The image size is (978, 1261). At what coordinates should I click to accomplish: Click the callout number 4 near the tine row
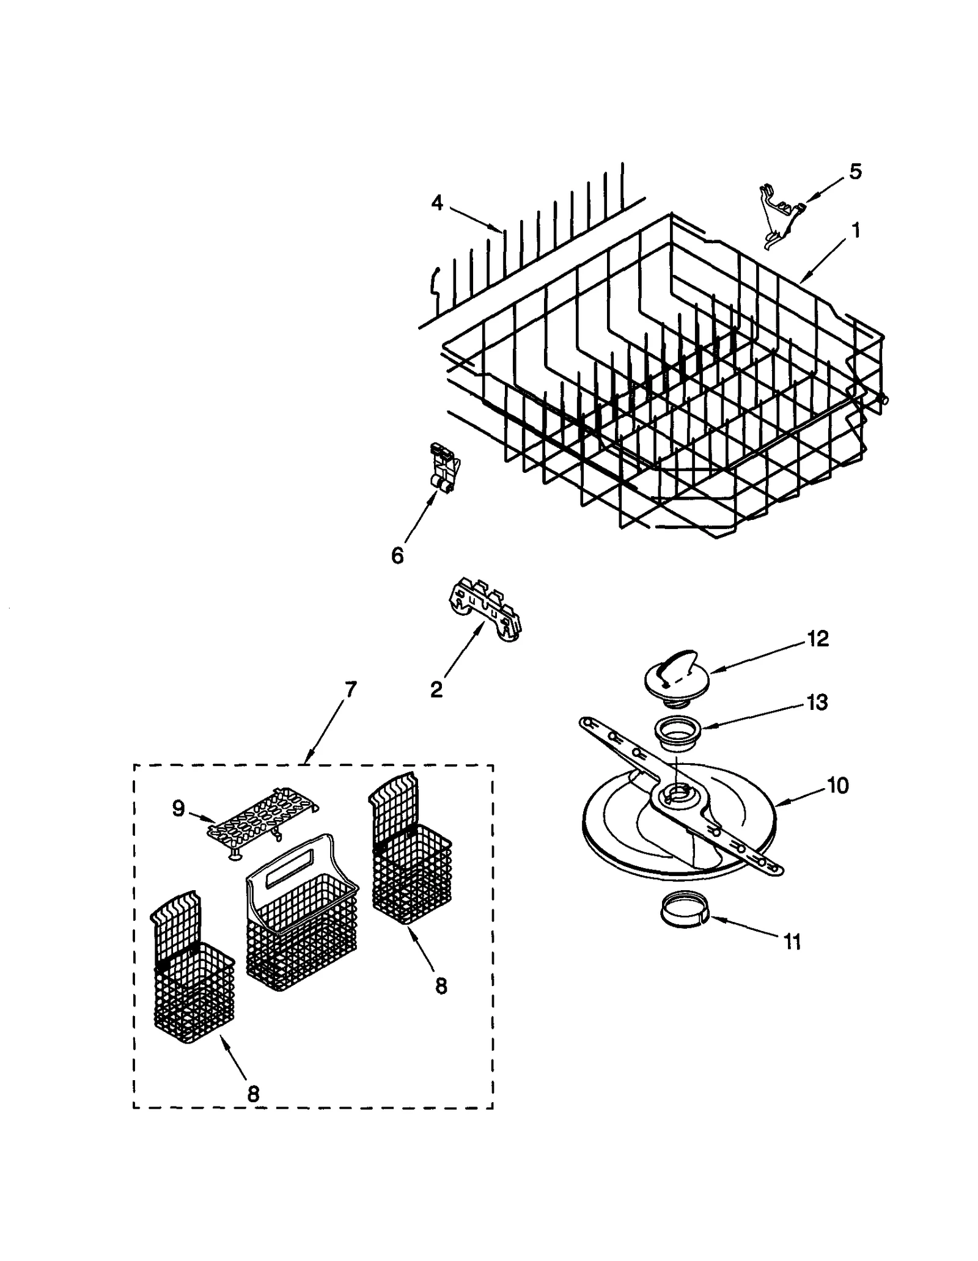(x=436, y=203)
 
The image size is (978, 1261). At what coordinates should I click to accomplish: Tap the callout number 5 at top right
(x=855, y=172)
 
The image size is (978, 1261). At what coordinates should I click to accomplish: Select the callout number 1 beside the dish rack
(x=856, y=231)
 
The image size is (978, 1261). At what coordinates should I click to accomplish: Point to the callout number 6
(x=397, y=556)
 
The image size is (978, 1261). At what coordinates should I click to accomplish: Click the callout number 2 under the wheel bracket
(x=436, y=690)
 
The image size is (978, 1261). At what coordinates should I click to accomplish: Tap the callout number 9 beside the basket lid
(x=178, y=809)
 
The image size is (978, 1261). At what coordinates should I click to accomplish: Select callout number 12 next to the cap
(x=817, y=638)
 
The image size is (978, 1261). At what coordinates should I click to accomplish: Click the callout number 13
(x=817, y=702)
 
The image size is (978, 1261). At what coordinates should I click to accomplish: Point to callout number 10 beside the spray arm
(x=838, y=785)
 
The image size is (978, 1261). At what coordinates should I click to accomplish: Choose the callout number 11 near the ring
(x=792, y=942)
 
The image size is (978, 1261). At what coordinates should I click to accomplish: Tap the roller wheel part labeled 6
(x=444, y=470)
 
